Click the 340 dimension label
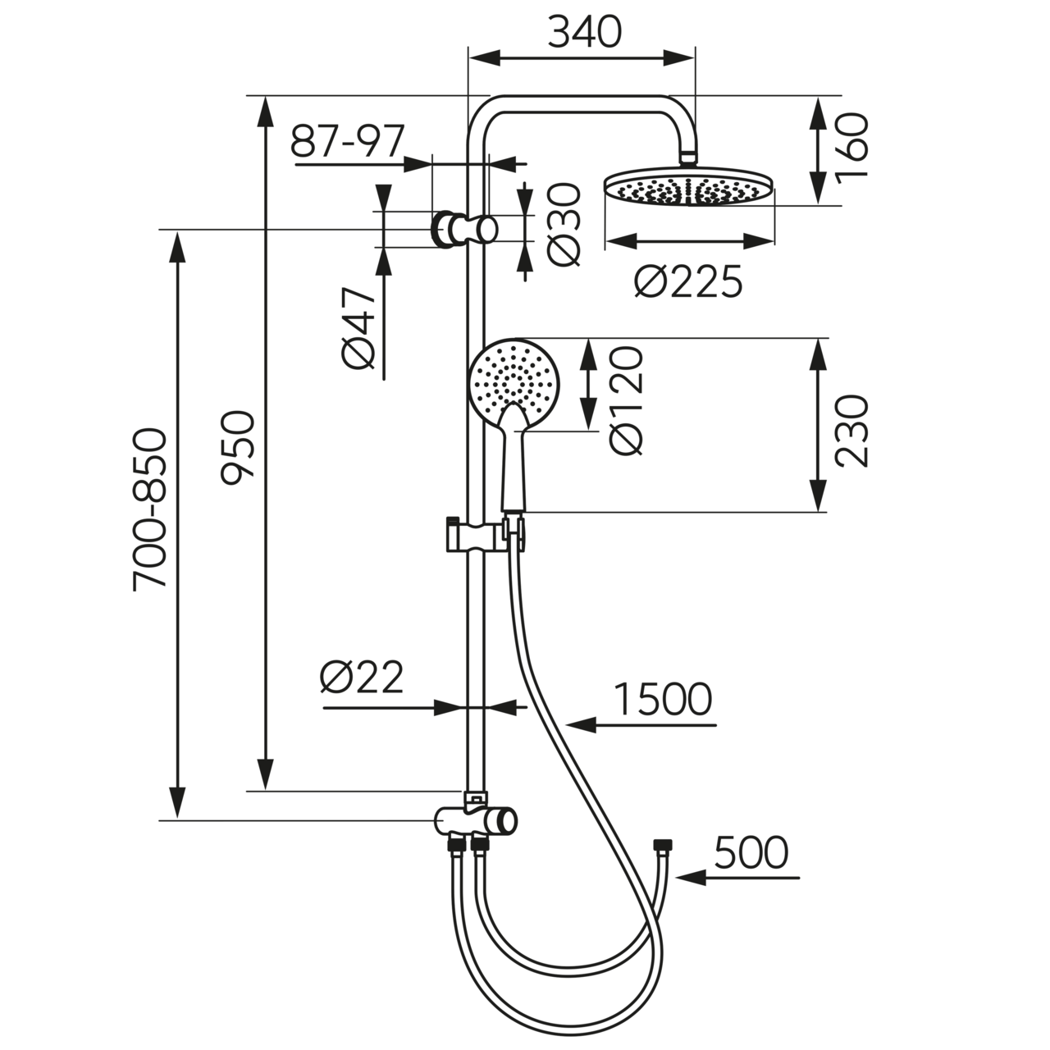(584, 33)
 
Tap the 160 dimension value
(853, 148)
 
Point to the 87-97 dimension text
(348, 144)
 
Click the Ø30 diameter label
(565, 225)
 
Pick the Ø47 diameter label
(360, 328)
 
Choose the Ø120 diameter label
(627, 399)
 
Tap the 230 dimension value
(852, 431)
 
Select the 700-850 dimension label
(151, 509)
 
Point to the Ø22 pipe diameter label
(362, 678)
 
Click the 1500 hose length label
(663, 700)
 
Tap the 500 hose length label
(751, 852)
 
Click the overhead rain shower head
(689, 188)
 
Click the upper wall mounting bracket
(464, 229)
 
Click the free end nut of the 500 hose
(662, 844)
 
